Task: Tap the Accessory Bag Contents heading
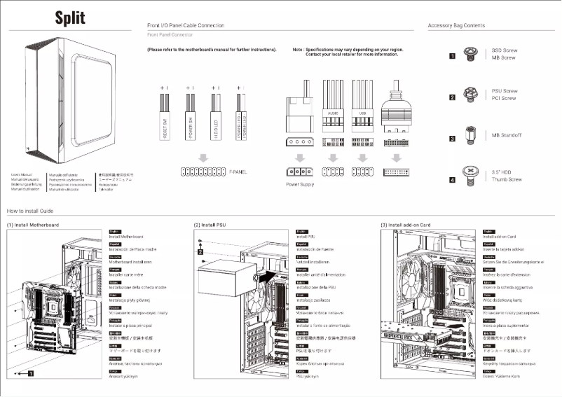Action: tap(456, 25)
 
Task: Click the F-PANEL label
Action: tap(238, 171)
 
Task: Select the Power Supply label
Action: tap(300, 185)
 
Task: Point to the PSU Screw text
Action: tap(505, 91)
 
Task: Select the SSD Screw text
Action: tap(505, 50)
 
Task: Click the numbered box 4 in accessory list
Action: tap(452, 180)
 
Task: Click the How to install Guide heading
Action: tap(30, 211)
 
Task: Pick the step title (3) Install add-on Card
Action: tap(405, 225)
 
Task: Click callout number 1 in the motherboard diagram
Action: tap(30, 374)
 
